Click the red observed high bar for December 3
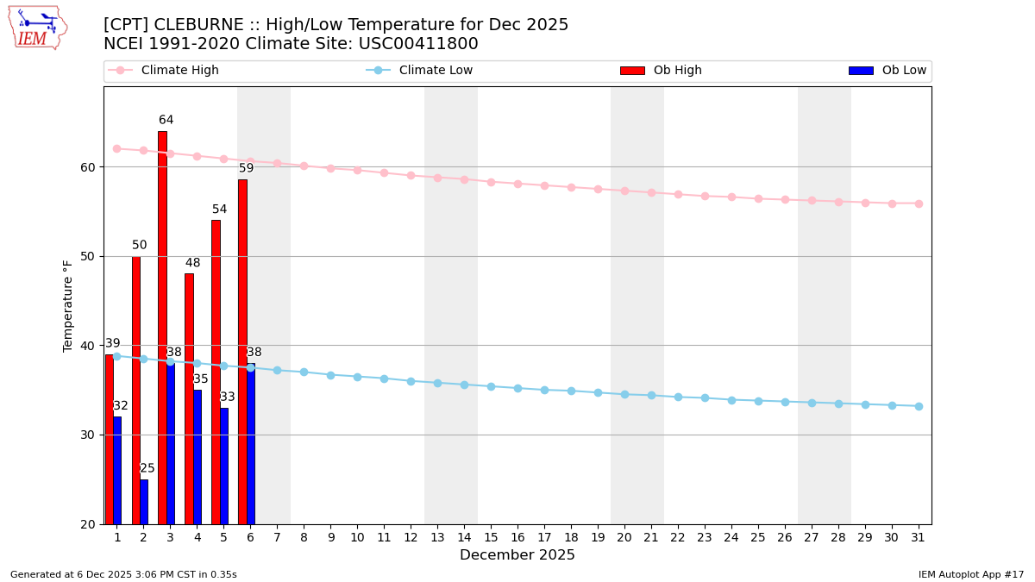coord(162,328)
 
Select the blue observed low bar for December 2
coord(144,502)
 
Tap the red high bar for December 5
coord(216,372)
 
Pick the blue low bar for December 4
coord(198,457)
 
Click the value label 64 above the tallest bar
coord(166,120)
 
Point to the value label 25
coord(147,469)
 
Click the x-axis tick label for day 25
coord(758,537)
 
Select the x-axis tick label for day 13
coord(437,537)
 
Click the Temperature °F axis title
coord(68,305)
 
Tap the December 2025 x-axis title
coord(517,555)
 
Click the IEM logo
coord(37,28)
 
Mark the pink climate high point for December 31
coord(919,203)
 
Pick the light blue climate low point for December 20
coord(624,394)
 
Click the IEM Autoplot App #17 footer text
coord(970,574)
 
